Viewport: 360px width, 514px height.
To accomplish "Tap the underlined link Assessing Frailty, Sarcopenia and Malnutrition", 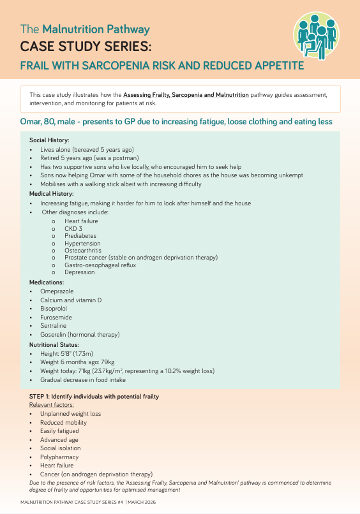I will click(186, 95).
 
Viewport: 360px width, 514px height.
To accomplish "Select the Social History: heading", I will click(49, 140).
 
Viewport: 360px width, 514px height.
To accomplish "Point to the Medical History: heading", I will click(52, 193).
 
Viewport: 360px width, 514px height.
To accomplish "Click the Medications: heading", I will click(47, 281).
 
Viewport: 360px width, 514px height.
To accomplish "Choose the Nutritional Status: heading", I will click(55, 344).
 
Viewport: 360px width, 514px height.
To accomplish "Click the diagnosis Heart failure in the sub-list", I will click(81, 221).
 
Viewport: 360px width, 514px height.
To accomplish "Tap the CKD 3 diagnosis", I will click(73, 228).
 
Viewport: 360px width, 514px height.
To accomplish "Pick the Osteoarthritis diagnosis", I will click(83, 250).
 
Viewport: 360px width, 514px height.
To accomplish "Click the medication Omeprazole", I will click(57, 290).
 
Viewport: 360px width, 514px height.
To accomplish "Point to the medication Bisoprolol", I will click(55, 308).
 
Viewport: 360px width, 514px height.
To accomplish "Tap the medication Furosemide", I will click(56, 317).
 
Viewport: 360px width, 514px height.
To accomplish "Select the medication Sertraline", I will click(55, 325).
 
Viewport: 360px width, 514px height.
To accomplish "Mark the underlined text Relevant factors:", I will click(52, 404).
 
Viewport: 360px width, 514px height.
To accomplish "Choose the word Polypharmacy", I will click(59, 457).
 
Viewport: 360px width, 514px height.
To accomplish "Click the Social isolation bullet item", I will click(62, 448).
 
